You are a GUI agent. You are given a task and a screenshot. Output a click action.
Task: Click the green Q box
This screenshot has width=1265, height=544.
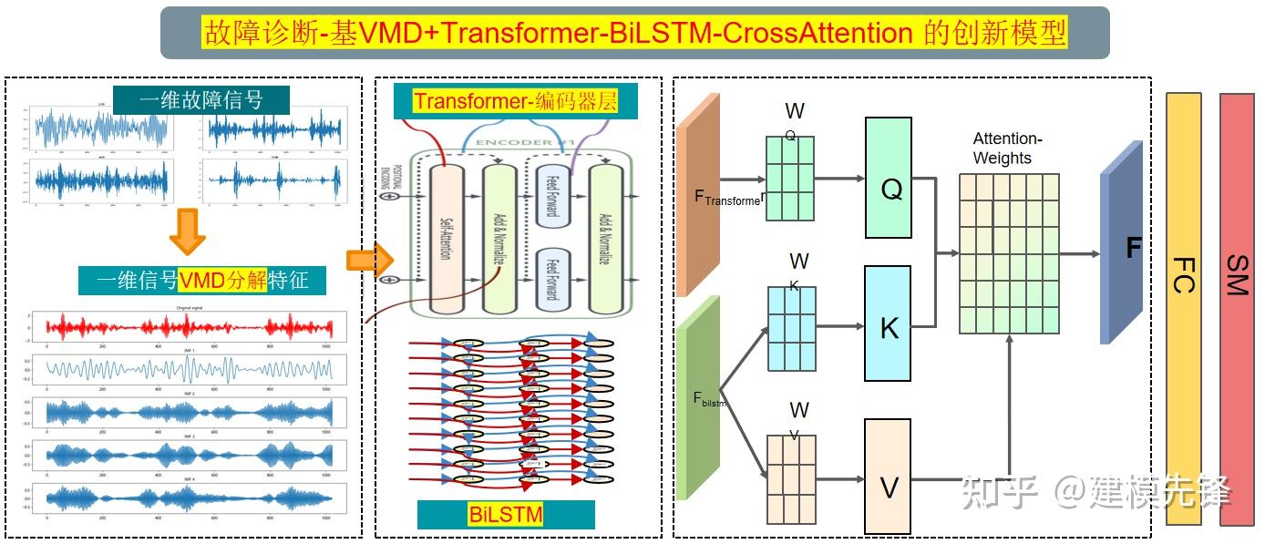coord(888,178)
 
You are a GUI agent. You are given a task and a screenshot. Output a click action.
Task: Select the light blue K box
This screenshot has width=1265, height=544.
coord(888,323)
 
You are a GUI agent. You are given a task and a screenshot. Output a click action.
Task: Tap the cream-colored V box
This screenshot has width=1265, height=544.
coord(888,476)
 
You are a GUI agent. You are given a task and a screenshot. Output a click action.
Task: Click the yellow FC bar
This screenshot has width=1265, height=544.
coord(1183,308)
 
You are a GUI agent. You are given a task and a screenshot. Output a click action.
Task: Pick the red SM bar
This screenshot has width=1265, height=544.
coord(1237,308)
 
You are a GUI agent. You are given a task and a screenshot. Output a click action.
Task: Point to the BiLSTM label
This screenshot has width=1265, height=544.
coord(506,514)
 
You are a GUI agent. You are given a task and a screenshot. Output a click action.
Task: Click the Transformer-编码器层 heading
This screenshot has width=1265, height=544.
coord(516,101)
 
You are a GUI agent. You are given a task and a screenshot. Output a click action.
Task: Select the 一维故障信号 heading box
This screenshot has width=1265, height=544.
coord(201,99)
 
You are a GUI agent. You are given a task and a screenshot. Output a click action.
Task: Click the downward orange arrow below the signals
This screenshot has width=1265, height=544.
coord(187,231)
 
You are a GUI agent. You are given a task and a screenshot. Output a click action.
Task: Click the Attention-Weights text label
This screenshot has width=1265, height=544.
coord(1007,149)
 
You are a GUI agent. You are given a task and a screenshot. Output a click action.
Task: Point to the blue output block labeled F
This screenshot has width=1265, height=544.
coord(1122,243)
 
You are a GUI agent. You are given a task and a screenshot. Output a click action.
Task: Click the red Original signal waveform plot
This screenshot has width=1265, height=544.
coord(190,326)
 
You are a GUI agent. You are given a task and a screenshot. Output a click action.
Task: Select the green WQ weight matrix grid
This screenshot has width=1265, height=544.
coord(789,178)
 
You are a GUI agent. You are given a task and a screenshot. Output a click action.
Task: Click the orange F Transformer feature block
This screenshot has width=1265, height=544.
coord(698,194)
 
